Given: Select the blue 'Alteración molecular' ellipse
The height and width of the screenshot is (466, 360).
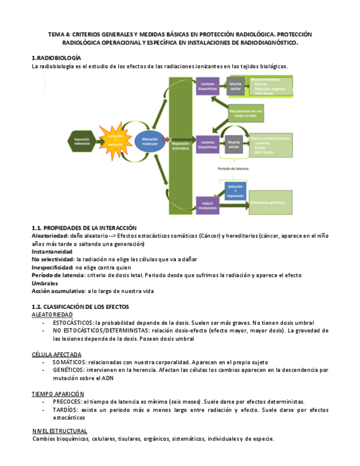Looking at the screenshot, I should click(149, 141).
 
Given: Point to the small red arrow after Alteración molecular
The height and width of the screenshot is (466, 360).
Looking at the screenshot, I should click(166, 140).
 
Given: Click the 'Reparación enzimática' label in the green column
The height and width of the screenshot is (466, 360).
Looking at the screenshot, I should click(180, 145).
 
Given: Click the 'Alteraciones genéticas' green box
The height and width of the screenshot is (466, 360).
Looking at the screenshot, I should click(270, 202).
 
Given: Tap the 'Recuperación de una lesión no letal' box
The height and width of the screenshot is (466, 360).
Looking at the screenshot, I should click(246, 114).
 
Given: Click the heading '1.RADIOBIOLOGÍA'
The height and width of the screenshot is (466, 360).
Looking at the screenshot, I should click(57, 58).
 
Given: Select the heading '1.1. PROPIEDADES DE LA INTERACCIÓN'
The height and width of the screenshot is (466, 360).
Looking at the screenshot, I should click(84, 228).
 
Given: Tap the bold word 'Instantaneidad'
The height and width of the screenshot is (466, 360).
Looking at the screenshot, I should click(52, 251).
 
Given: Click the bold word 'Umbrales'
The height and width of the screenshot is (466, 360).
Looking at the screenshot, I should click(45, 283).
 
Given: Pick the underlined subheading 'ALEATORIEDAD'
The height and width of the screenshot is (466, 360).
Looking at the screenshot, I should click(52, 314).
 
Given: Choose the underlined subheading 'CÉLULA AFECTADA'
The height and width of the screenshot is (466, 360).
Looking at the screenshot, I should click(57, 354).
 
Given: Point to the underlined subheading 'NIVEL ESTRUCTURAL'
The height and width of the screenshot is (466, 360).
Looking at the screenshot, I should click(59, 431).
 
